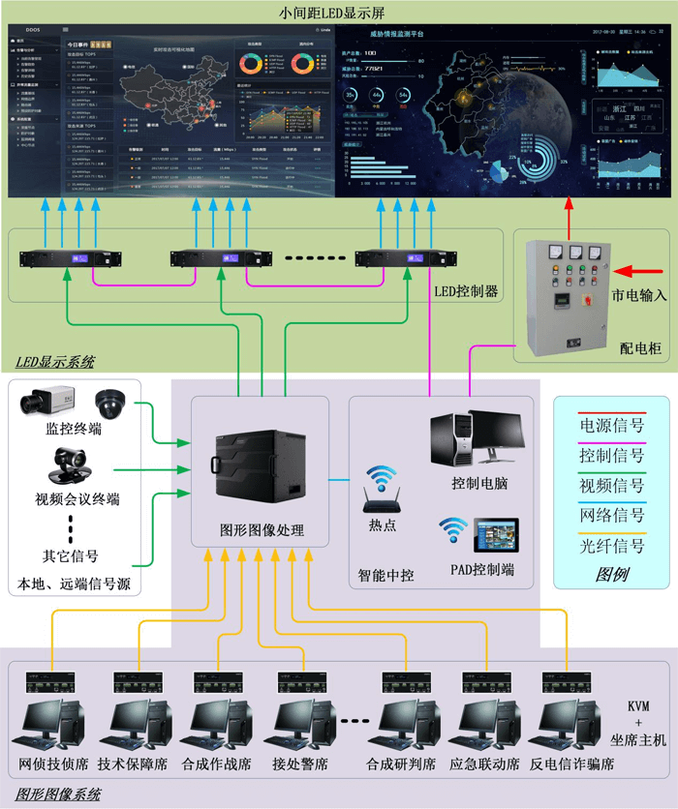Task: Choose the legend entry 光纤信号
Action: coord(611,546)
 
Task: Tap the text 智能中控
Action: coord(385,575)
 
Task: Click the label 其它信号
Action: coord(70,556)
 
